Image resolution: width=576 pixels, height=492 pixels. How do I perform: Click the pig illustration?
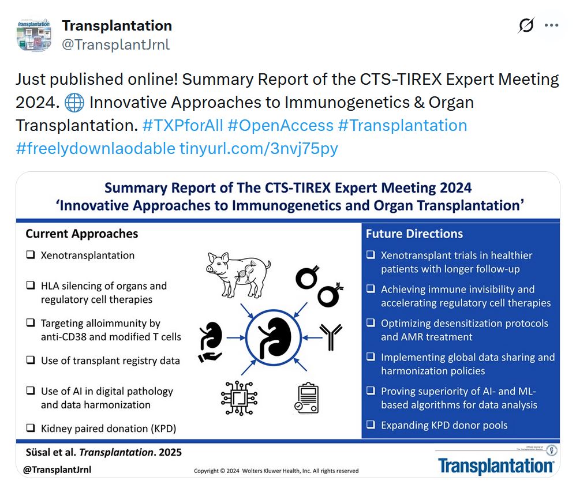click(238, 268)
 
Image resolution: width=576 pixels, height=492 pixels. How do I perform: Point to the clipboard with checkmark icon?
click(306, 399)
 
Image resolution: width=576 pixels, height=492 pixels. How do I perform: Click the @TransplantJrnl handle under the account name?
click(115, 44)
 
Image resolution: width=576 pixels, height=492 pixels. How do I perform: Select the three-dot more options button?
click(552, 26)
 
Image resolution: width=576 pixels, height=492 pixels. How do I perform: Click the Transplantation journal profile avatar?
click(34, 35)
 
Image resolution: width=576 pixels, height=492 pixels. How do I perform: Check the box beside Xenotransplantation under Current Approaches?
click(30, 255)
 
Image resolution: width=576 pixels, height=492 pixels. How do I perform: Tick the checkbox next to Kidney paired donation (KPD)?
click(30, 428)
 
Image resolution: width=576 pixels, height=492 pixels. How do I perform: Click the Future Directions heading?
click(414, 234)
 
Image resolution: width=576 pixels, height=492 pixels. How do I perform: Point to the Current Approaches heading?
click(82, 234)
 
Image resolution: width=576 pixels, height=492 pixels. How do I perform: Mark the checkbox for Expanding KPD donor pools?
click(371, 426)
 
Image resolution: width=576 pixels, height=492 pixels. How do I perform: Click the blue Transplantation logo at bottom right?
click(495, 465)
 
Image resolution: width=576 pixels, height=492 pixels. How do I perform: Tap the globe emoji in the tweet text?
click(74, 103)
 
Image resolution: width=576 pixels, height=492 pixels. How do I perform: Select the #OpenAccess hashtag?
click(280, 125)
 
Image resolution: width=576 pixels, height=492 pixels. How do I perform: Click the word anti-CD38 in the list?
click(63, 337)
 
